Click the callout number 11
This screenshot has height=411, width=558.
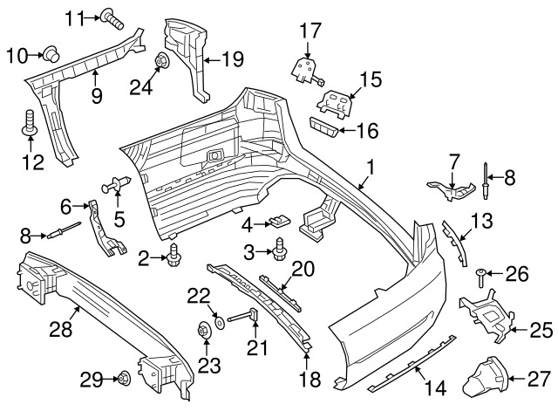pos(75,17)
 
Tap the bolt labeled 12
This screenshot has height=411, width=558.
pos(30,123)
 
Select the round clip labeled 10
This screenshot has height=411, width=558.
pos(51,54)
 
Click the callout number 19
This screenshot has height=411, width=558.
pos(233,58)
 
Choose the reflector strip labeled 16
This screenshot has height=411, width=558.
pos(323,127)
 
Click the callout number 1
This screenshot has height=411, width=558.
pos(371,168)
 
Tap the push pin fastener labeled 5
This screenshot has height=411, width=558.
pos(117,185)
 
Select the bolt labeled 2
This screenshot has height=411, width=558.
pos(174,256)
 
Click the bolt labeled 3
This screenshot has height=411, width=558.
pos(279,249)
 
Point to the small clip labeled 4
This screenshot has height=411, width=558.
pos(280,221)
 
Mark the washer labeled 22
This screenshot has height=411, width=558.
pos(219,323)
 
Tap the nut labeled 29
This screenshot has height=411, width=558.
pos(124,378)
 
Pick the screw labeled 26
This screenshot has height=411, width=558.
pos(480,278)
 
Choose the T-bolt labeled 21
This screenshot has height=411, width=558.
pos(242,317)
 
